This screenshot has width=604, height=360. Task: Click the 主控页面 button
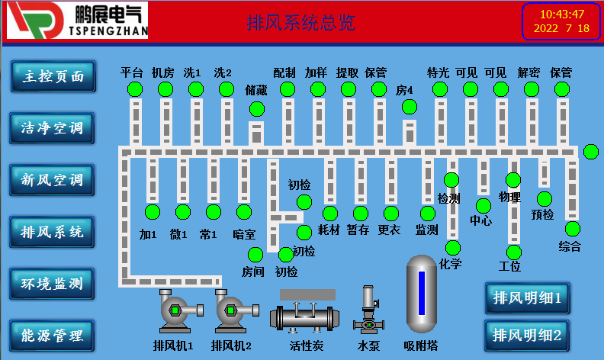tap(53, 76)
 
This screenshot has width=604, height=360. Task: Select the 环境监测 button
tap(53, 284)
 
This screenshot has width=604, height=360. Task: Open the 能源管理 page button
tap(53, 334)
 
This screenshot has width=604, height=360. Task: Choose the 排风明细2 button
tap(527, 334)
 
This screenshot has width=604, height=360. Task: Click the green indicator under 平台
tap(135, 89)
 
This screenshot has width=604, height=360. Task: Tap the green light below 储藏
tap(257, 109)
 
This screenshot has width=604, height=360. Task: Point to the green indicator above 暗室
tap(243, 211)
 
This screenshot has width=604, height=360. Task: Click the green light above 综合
tap(572, 228)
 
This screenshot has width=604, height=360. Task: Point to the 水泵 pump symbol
tap(368, 313)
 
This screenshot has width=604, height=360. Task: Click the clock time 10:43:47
tap(561, 14)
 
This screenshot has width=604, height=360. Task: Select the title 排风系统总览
tap(301, 23)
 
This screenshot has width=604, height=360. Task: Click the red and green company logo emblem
tap(30, 21)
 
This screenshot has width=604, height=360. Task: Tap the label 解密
tap(528, 73)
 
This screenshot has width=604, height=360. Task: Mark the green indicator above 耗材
tap(330, 213)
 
